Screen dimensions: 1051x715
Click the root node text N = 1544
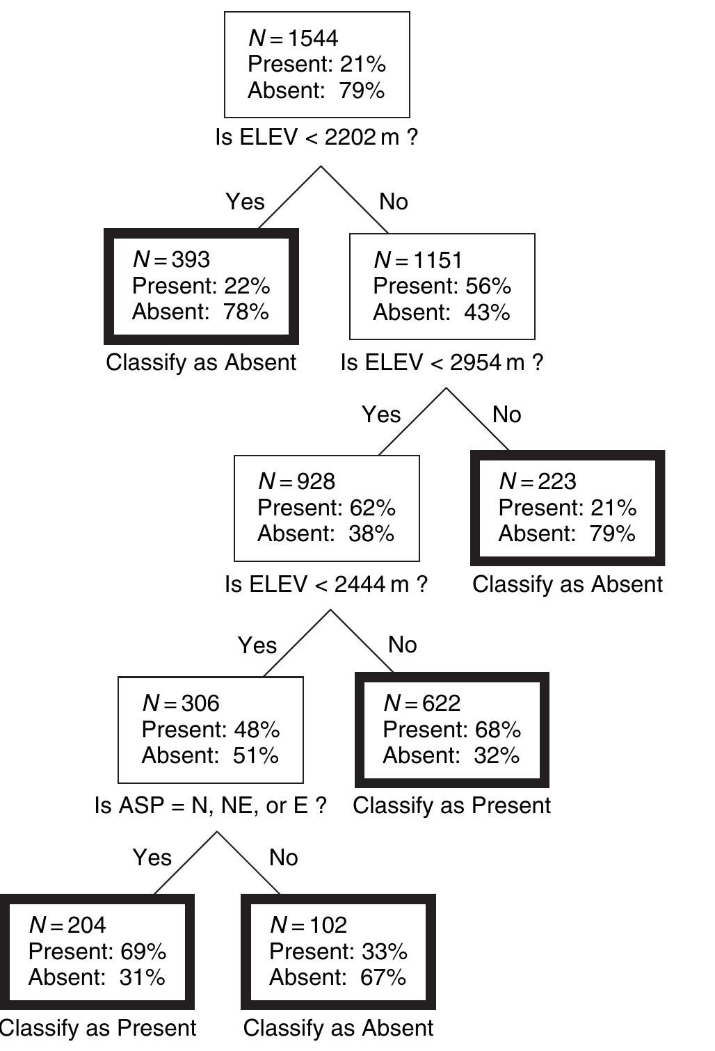pos(293,38)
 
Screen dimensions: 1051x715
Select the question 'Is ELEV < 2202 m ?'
pos(316,137)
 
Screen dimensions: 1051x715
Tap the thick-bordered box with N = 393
pos(201,286)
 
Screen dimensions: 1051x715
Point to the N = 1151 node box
pos(442,286)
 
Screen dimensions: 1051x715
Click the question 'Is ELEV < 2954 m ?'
pos(442,362)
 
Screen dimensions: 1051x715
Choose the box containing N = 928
pos(326,508)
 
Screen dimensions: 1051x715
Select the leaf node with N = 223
pos(568,508)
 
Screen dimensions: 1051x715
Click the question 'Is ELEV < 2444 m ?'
pos(326,584)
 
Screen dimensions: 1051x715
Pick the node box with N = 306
pos(211,729)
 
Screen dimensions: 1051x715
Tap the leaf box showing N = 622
pos(452,729)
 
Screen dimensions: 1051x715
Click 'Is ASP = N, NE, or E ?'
pos(210,805)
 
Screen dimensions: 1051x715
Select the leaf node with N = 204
pos(97,951)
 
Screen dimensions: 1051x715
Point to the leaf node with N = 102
pos(338,951)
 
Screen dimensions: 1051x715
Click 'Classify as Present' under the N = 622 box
pos(452,805)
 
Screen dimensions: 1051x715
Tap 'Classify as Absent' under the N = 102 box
pos(338,1028)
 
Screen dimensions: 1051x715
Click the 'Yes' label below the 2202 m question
pos(245,202)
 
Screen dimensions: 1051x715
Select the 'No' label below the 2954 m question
pos(506,415)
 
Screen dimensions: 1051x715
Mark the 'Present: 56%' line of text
pos(442,286)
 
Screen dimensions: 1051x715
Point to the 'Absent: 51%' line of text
pos(210,755)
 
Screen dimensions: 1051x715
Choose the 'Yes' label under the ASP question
pos(152,858)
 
